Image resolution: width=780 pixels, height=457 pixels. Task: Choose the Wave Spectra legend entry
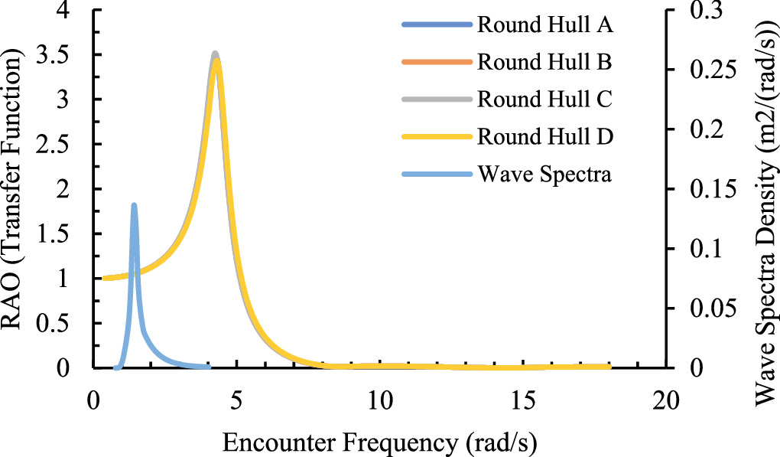(x=544, y=175)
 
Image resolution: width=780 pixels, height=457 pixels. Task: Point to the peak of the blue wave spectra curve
(x=134, y=205)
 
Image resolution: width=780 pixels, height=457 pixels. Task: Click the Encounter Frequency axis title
(x=380, y=441)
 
